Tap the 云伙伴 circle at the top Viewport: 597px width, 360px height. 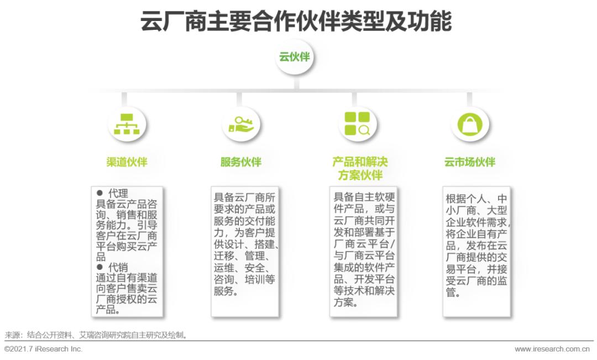[294, 57]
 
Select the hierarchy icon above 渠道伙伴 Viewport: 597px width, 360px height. [127, 124]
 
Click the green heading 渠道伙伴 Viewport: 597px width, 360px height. [127, 162]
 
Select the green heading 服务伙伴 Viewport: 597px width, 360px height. [240, 162]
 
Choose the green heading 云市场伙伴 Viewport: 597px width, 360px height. [469, 162]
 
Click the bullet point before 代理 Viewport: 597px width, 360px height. [100, 193]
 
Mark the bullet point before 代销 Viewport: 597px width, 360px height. [100, 268]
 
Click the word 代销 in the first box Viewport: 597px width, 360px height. [118, 268]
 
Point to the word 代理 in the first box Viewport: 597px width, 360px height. [118, 194]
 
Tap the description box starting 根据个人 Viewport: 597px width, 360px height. [477, 252]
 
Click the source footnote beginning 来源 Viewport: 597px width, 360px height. [97, 335]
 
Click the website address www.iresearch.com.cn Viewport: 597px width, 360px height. [552, 349]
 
